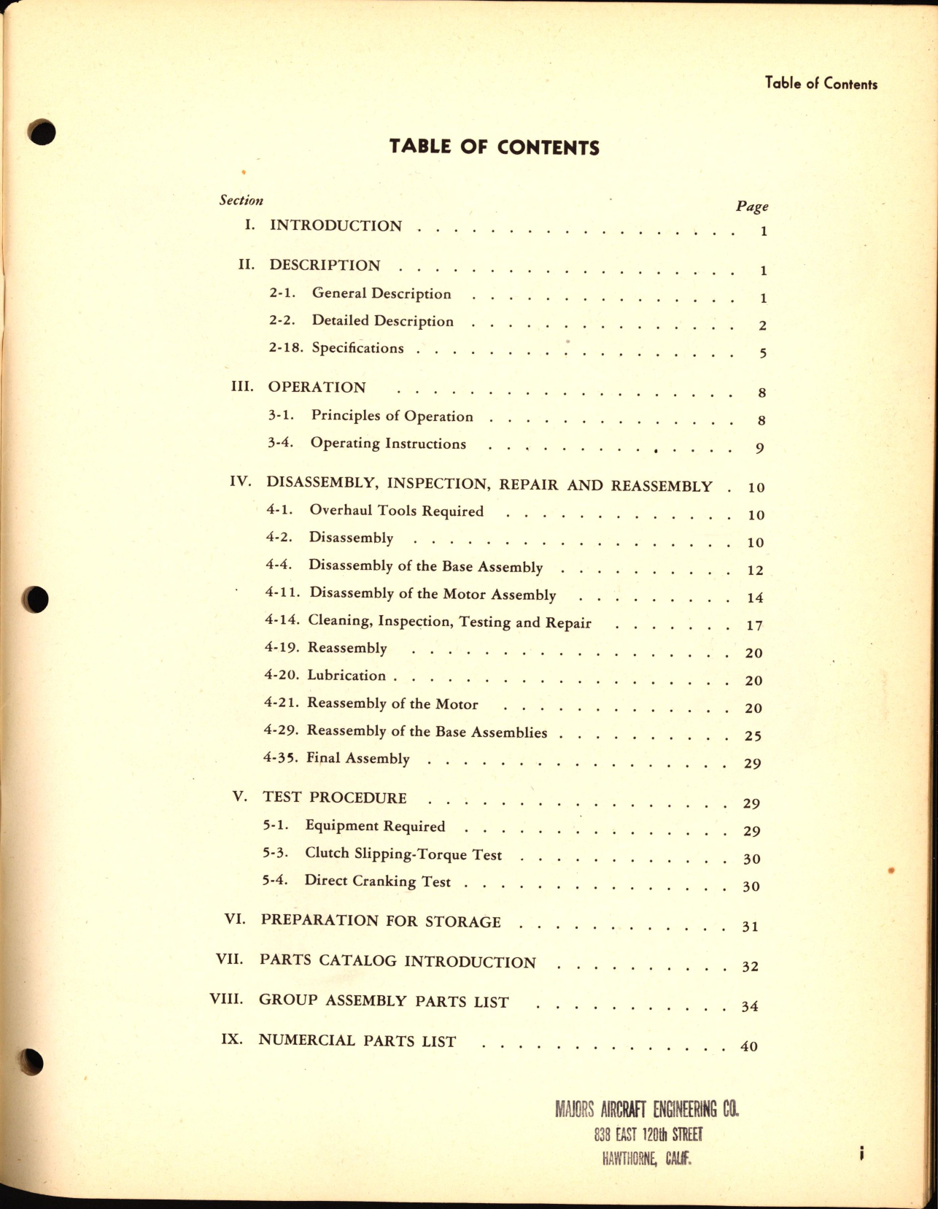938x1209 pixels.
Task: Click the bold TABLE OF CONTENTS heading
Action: click(494, 147)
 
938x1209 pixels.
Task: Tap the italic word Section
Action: click(241, 200)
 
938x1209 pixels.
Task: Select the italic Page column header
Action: click(752, 206)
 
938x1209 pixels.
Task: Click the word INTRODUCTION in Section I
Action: click(336, 225)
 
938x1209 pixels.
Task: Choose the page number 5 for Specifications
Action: click(763, 354)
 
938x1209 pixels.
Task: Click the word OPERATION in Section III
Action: click(317, 387)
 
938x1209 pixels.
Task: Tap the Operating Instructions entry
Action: click(388, 444)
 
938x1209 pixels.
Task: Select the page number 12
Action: click(755, 571)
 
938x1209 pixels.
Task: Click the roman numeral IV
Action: click(240, 482)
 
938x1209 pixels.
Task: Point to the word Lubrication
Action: click(346, 676)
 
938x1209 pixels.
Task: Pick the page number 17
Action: click(754, 626)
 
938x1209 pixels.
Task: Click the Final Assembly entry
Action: click(357, 758)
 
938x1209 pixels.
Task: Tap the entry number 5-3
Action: click(275, 853)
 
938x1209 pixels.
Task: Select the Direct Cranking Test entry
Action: click(377, 881)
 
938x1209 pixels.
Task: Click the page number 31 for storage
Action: click(750, 927)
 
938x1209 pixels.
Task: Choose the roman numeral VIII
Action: click(226, 999)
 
